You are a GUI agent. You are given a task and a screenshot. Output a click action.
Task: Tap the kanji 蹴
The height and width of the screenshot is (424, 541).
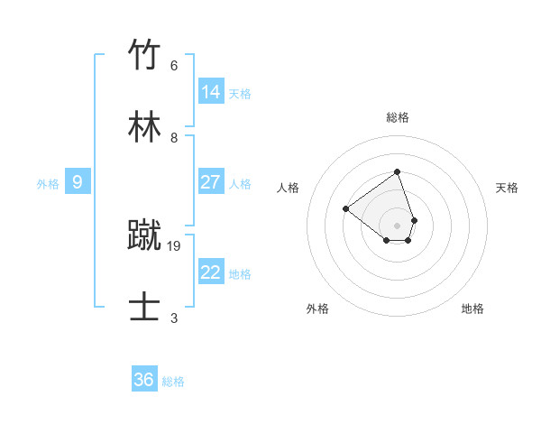[144, 235]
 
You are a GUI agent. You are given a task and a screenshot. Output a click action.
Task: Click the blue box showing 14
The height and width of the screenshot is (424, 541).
[211, 92]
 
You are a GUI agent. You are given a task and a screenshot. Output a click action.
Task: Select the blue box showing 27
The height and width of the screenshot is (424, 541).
[211, 182]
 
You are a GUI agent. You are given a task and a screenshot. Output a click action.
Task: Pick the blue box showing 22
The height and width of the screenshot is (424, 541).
[211, 272]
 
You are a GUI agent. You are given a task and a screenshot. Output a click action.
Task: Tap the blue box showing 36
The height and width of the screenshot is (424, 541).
[144, 380]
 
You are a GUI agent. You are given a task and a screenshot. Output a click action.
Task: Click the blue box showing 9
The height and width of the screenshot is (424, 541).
[78, 182]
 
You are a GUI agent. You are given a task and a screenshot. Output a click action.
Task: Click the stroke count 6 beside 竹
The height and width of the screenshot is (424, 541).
[174, 66]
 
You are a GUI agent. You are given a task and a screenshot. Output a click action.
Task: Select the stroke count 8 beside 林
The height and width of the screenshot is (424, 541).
[174, 138]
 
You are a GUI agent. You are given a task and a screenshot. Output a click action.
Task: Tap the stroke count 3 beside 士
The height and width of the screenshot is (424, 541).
[174, 318]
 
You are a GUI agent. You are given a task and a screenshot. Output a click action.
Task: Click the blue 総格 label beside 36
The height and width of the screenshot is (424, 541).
[174, 382]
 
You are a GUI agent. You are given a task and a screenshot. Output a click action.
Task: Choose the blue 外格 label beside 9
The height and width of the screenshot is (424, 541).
[48, 184]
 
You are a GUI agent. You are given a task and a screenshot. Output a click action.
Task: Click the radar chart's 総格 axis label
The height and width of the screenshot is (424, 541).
[398, 117]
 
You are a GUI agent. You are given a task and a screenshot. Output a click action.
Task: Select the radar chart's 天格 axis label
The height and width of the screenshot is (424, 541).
[507, 188]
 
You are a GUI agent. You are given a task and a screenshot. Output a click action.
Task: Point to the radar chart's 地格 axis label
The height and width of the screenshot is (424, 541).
[472, 309]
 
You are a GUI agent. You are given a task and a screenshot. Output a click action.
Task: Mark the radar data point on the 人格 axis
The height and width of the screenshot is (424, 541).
[346, 208]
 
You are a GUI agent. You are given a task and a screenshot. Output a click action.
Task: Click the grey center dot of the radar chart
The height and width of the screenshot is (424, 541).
[397, 225]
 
